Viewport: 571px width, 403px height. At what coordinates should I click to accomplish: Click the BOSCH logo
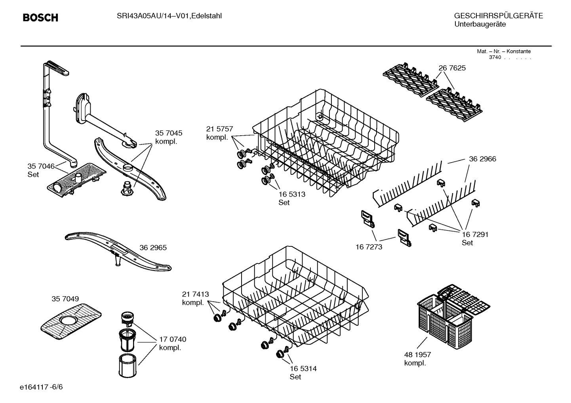40,18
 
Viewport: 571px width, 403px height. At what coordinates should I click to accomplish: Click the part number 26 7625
452,68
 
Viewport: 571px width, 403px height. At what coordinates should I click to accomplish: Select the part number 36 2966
482,159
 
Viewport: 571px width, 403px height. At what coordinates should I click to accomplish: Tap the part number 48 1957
417,355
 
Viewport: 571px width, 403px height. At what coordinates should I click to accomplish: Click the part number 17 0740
172,339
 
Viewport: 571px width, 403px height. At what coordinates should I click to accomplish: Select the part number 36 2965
153,248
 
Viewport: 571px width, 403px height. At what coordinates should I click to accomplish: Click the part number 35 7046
41,166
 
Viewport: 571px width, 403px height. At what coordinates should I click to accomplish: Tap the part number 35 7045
169,133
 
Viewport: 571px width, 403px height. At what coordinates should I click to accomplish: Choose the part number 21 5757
219,129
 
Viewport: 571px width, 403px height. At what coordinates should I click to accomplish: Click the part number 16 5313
292,195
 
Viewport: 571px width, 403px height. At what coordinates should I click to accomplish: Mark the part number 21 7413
195,294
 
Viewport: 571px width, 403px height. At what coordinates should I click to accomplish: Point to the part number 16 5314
303,369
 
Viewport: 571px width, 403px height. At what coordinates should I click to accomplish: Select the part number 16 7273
369,247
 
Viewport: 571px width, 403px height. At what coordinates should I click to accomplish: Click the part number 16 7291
475,235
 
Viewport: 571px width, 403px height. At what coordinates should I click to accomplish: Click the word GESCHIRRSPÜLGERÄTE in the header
498,16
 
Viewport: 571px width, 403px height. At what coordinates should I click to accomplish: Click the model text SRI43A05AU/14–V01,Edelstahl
169,16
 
